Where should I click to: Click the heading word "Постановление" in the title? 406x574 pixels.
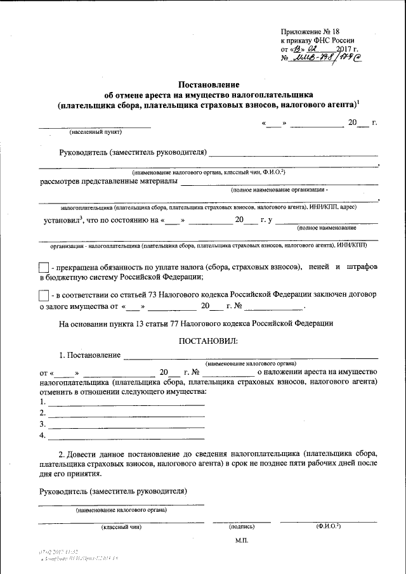coord(208,84)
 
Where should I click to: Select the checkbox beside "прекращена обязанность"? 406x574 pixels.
coord(44,268)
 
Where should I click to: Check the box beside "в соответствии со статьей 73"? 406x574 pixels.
coord(44,296)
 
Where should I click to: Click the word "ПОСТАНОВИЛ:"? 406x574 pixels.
coord(209,341)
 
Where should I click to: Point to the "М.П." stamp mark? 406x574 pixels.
coord(243,540)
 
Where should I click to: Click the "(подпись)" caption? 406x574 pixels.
coord(242,526)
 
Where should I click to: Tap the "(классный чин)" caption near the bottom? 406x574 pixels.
coord(121,526)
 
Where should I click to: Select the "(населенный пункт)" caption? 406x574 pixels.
coord(96,132)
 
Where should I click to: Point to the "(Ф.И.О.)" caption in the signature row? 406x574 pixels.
coord(328,526)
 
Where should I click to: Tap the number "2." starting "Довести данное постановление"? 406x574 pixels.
coord(62,454)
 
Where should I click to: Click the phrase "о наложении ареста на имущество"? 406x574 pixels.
coord(317,372)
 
